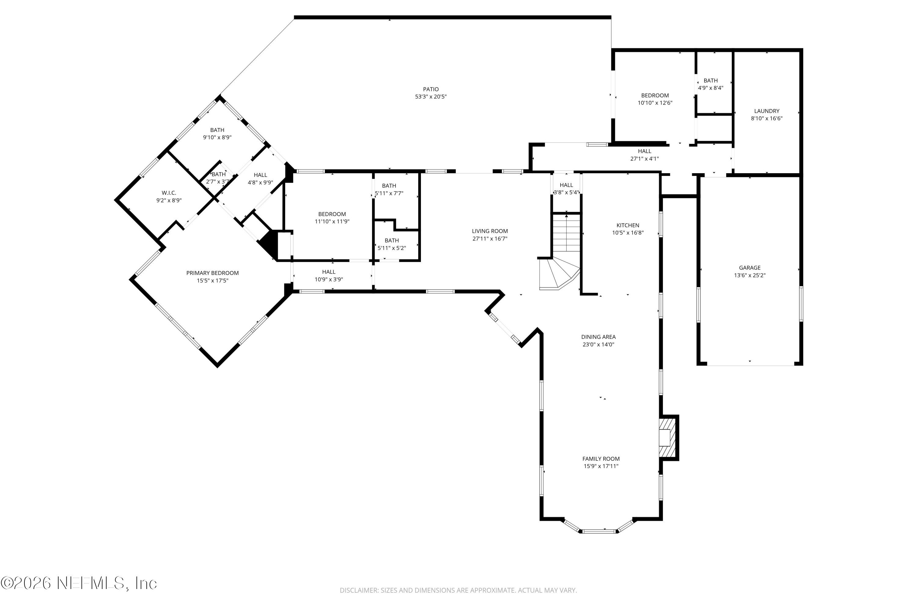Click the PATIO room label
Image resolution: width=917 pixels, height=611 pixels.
(430, 89)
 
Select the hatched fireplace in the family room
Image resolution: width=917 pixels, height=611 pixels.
(668, 437)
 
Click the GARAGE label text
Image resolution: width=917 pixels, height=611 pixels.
(749, 268)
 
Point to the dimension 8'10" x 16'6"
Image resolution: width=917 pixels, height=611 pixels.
(767, 119)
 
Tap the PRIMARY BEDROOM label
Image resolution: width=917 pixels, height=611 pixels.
(212, 273)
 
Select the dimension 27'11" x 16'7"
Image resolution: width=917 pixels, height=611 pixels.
(490, 239)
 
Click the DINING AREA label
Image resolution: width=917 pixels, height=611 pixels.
(598, 337)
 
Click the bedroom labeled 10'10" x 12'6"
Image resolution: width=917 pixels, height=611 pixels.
(655, 95)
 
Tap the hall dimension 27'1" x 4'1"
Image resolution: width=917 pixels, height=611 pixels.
(644, 159)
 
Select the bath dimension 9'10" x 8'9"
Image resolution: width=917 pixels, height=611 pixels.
(217, 137)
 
